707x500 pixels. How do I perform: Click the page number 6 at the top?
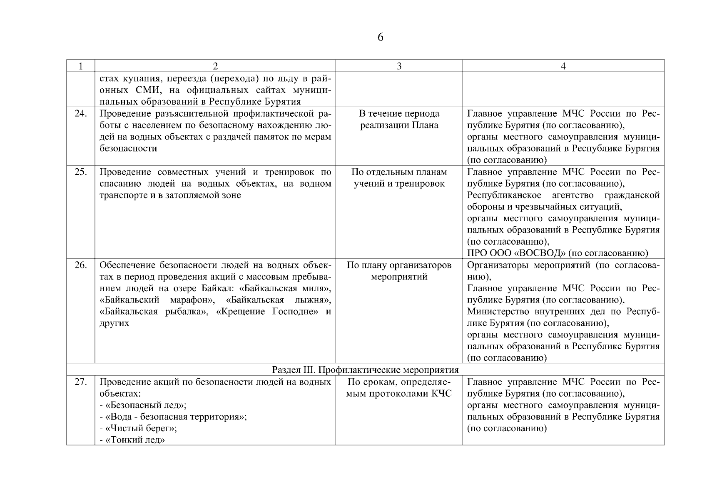[380, 37]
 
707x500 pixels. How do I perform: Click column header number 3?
[399, 66]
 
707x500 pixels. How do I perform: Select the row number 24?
[80, 114]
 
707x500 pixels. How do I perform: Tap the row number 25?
[80, 172]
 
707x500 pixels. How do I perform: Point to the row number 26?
[80, 265]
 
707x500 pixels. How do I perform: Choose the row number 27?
[80, 382]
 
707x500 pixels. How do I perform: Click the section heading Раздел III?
[365, 370]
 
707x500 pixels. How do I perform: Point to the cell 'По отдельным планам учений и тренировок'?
[399, 178]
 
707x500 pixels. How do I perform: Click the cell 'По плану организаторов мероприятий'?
[399, 271]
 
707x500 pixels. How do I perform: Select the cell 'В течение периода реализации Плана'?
[399, 120]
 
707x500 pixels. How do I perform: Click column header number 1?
[80, 66]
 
